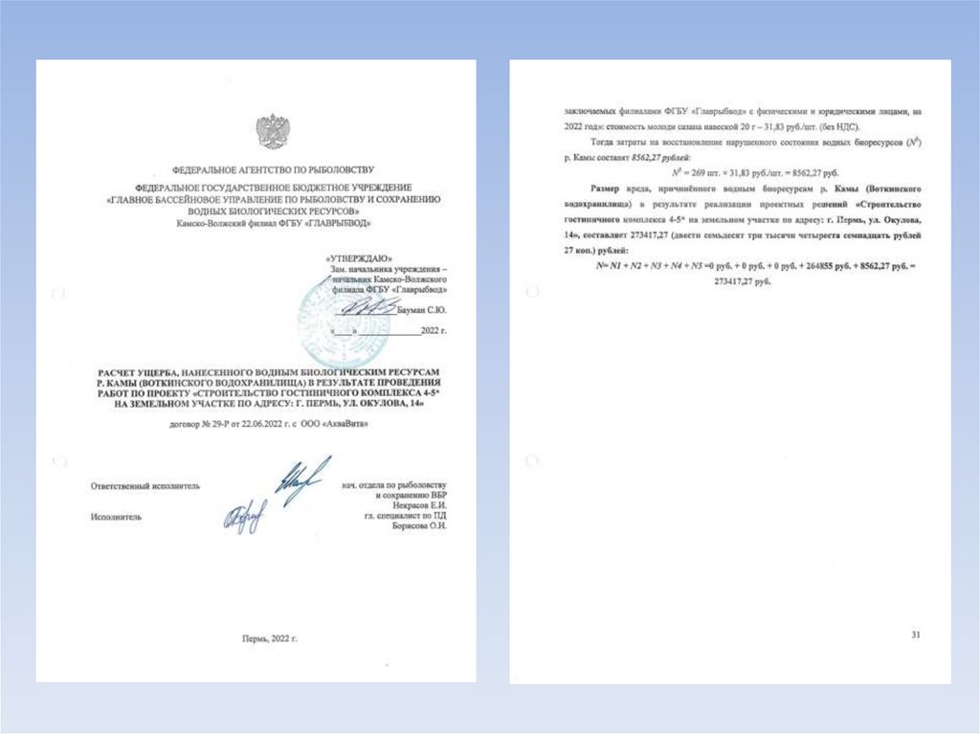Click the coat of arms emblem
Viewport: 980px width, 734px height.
tap(273, 131)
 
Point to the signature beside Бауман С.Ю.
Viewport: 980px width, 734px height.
tap(369, 307)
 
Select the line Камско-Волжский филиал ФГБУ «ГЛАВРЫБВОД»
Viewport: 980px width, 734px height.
tap(273, 223)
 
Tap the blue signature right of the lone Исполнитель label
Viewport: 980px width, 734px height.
tap(243, 517)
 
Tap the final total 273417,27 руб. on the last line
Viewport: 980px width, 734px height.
tap(743, 282)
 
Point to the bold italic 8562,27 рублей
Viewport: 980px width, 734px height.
tap(667, 156)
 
